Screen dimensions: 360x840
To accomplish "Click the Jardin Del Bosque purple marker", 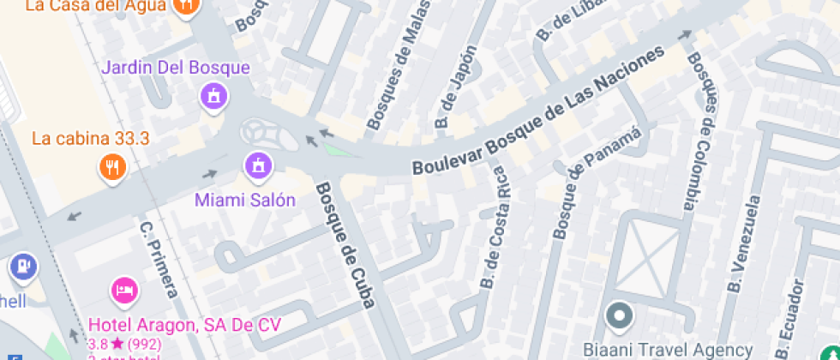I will (x=213, y=96).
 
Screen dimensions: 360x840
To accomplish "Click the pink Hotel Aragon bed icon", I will (x=124, y=290).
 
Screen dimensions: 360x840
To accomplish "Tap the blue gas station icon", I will (x=23, y=267).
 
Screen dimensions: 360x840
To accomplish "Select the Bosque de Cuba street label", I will (x=346, y=244).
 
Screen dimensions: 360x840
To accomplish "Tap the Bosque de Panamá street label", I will (x=597, y=183).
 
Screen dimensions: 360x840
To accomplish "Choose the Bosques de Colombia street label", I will (x=699, y=132).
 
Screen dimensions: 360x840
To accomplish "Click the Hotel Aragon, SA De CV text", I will (x=184, y=325).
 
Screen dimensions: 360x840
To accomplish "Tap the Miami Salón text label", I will (x=245, y=201).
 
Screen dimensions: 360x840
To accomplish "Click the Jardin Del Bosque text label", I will (x=176, y=68).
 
